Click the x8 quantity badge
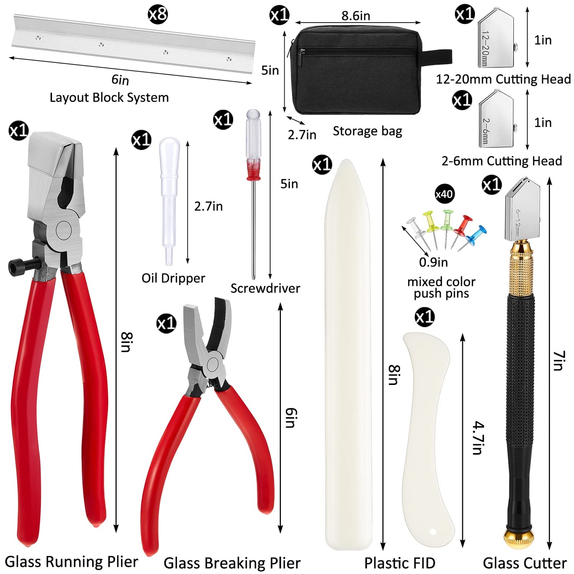pos(158,15)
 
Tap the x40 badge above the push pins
pos(444,194)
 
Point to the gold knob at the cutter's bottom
pos(519,537)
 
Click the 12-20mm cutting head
pos(496,38)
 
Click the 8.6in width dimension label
pos(355,16)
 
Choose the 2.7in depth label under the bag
pos(302,135)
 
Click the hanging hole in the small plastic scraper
pos(433,532)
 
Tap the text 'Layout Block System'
pos(109,98)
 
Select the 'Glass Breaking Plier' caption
pos(232,563)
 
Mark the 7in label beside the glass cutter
pos(558,360)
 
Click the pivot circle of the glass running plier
pos(64,231)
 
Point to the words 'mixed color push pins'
pos(441,288)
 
